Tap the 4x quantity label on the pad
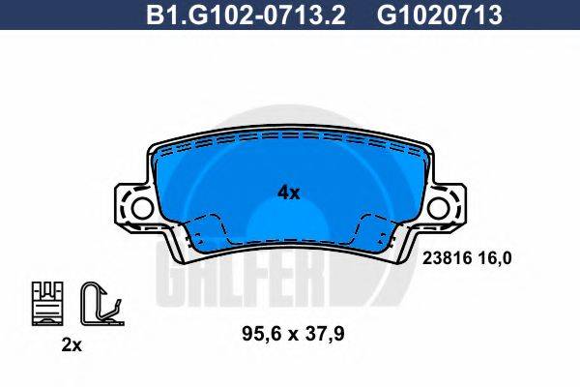[288, 193]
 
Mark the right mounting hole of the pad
[442, 208]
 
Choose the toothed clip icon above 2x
[47, 301]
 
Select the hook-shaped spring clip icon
[98, 301]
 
